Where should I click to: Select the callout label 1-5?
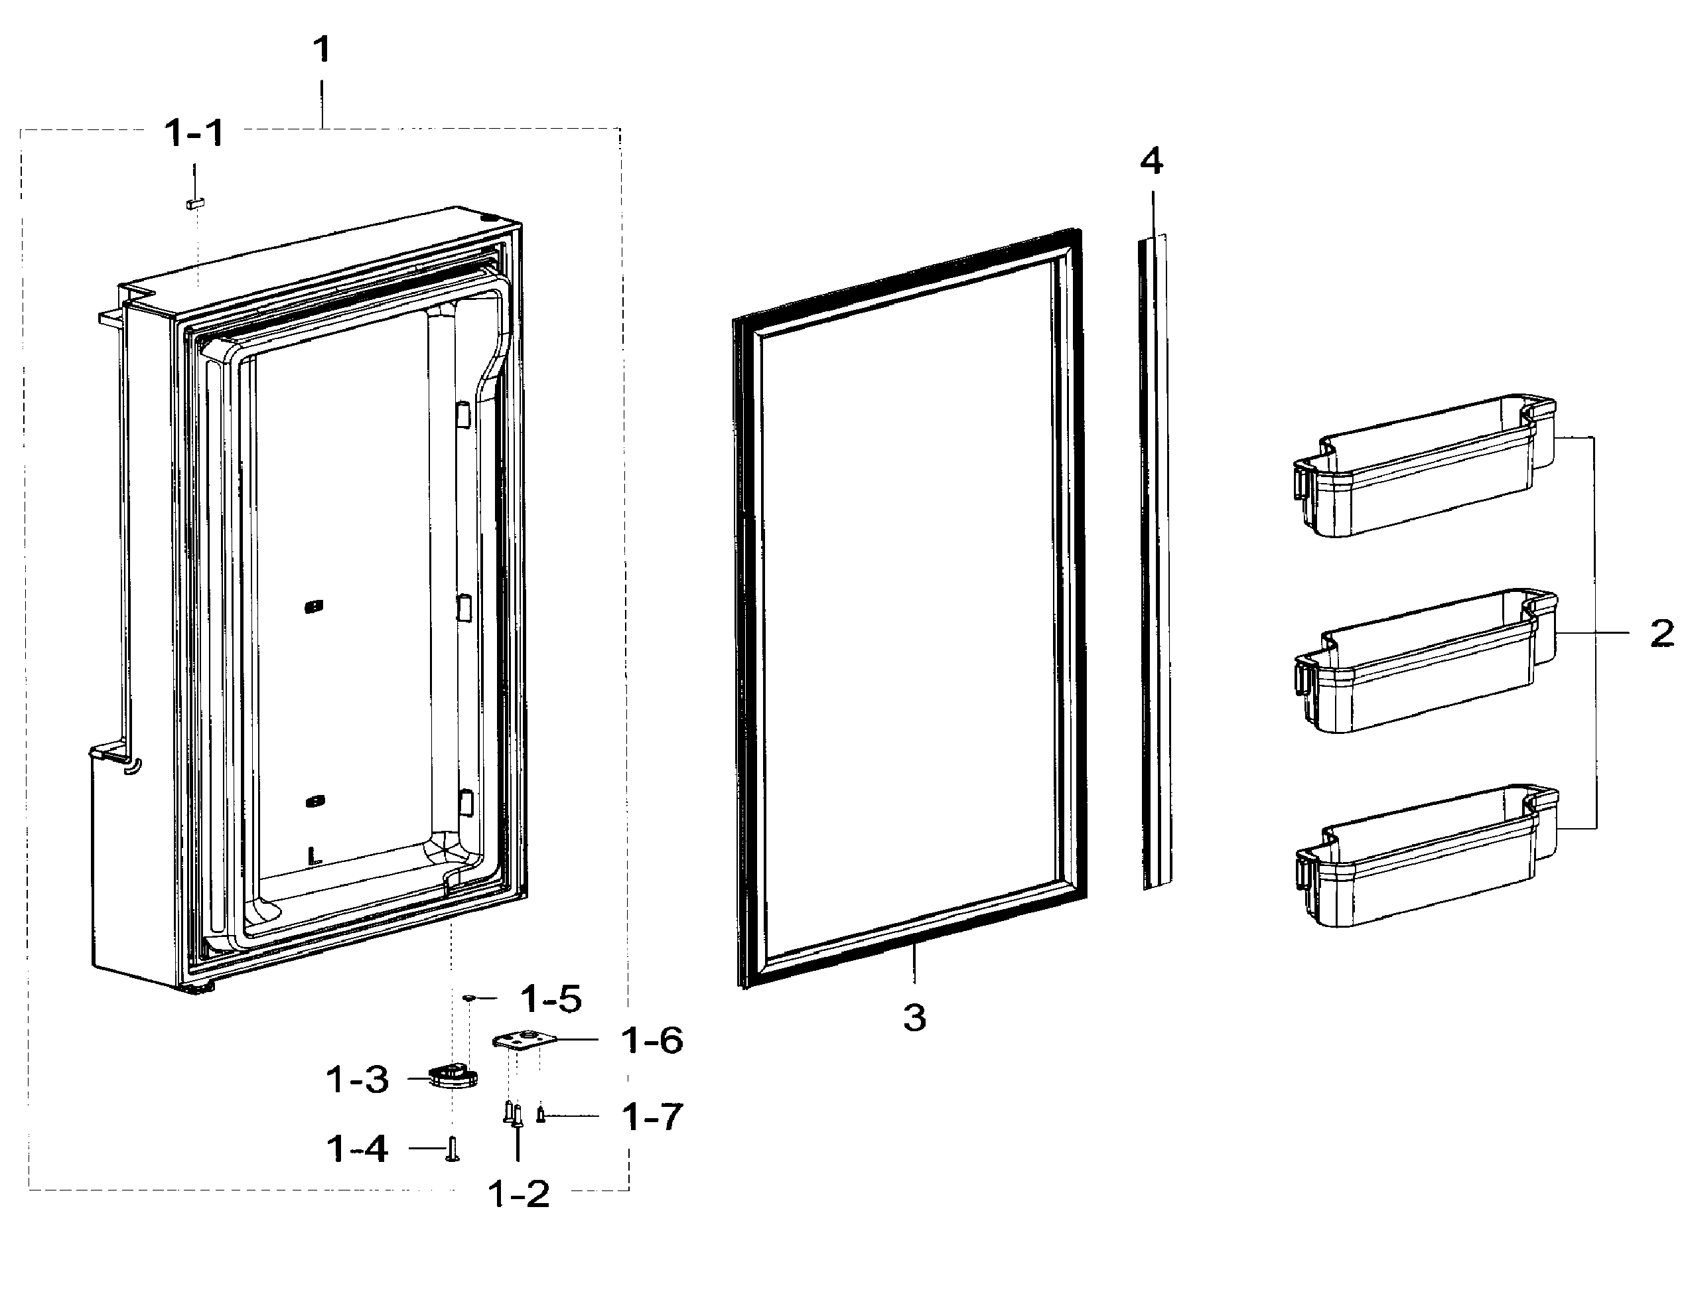point(551,999)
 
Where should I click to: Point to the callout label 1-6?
point(652,1041)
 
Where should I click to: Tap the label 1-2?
point(519,1194)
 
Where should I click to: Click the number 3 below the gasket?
point(914,1018)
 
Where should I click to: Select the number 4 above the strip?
point(1152,162)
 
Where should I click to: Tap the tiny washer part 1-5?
point(468,998)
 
